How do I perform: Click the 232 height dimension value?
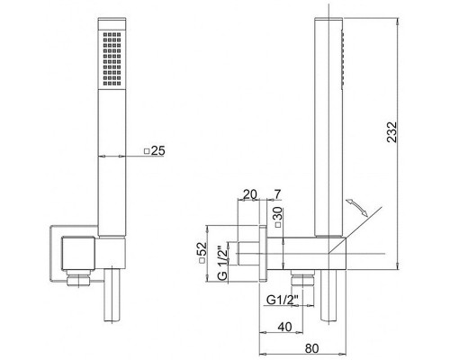click(391, 131)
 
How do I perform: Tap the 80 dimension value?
click(312, 348)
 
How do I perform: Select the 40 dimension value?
click(284, 327)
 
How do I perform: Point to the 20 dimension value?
click(250, 194)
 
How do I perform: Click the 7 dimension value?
click(277, 194)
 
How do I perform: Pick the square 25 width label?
click(155, 150)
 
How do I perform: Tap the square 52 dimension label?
click(202, 252)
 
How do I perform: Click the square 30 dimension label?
click(278, 217)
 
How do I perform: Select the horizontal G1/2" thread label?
click(282, 300)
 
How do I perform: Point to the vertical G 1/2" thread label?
click(223, 263)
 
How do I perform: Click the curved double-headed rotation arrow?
click(356, 207)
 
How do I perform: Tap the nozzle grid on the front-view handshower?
click(112, 58)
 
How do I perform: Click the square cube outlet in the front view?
click(78, 253)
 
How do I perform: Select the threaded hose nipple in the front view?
click(78, 279)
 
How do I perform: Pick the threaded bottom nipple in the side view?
click(302, 279)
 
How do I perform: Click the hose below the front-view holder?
click(112, 295)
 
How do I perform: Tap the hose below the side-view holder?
click(328, 295)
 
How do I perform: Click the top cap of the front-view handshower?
click(112, 23)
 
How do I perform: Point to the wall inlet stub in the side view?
click(248, 254)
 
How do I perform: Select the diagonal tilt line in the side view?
click(355, 230)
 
